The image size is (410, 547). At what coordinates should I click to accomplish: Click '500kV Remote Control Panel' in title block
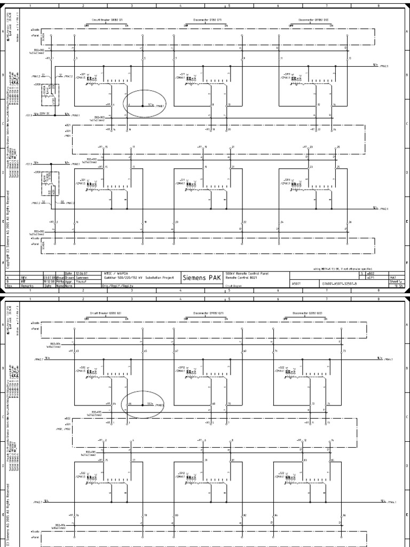247,273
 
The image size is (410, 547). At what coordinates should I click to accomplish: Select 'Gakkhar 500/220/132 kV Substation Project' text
131,277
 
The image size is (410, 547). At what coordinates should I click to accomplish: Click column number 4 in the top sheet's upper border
180,5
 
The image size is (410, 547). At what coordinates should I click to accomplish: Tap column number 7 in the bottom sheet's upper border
327,298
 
